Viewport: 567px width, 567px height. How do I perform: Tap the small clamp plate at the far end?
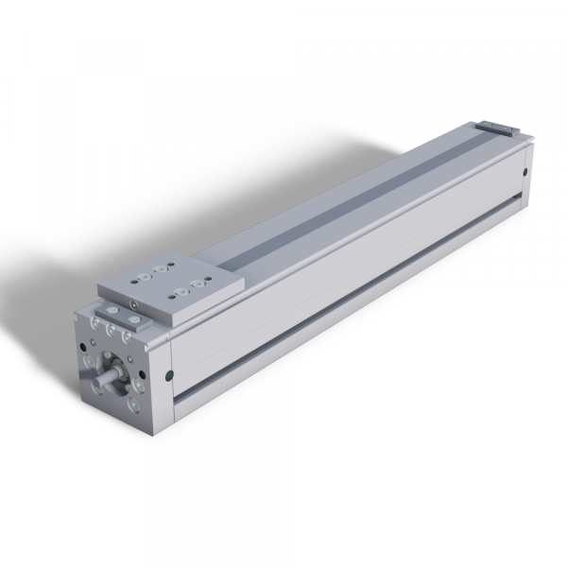tap(498, 127)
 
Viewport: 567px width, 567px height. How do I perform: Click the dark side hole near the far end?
tap(524, 172)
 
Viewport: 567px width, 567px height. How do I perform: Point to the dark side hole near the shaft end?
tap(169, 374)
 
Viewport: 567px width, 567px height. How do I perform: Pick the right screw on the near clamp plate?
tap(130, 319)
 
